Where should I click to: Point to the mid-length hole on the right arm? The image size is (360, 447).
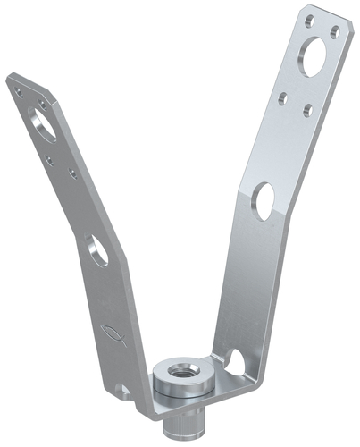coord(264,198)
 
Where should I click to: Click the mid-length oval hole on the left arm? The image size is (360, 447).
coord(98,249)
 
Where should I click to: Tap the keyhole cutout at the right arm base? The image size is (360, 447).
coord(234,363)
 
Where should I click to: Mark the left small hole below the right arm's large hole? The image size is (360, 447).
coord(283,96)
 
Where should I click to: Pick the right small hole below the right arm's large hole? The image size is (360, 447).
coord(307,110)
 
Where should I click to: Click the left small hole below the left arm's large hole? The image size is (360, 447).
coord(49,157)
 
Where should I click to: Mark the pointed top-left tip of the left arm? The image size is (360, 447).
coord(8,78)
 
